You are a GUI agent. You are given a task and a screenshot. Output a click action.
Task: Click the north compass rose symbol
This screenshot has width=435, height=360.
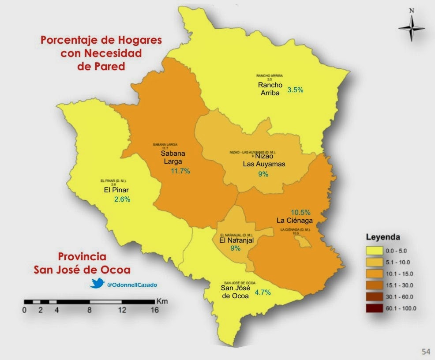pyautogui.click(x=411, y=28)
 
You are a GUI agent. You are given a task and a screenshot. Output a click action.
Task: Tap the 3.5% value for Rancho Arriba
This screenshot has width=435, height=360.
pyautogui.click(x=295, y=90)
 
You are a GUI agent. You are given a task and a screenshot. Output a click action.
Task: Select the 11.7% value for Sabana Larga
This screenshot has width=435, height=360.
pyautogui.click(x=180, y=171)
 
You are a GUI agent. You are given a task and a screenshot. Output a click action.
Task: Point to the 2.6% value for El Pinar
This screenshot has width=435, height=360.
pyautogui.click(x=122, y=199)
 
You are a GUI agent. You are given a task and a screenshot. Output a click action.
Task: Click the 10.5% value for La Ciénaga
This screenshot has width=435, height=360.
pyautogui.click(x=300, y=212)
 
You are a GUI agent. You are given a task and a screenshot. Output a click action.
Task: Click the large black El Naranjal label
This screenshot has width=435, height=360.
pyautogui.click(x=236, y=240)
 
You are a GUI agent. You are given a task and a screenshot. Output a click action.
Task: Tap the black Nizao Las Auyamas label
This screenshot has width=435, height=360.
pyautogui.click(x=264, y=160)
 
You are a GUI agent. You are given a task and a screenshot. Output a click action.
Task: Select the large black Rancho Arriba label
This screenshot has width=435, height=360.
pyautogui.click(x=270, y=89)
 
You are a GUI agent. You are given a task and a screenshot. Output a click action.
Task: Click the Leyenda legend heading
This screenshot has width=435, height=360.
pyautogui.click(x=383, y=237)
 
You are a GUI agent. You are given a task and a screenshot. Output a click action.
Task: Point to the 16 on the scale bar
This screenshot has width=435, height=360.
pyautogui.click(x=154, y=310)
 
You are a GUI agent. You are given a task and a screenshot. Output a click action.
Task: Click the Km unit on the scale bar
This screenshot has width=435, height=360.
pyautogui.click(x=161, y=301)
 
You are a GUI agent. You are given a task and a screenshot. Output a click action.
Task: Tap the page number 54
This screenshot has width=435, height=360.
pyautogui.click(x=426, y=351)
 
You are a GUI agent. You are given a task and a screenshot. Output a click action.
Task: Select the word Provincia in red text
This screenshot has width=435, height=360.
pyautogui.click(x=82, y=257)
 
